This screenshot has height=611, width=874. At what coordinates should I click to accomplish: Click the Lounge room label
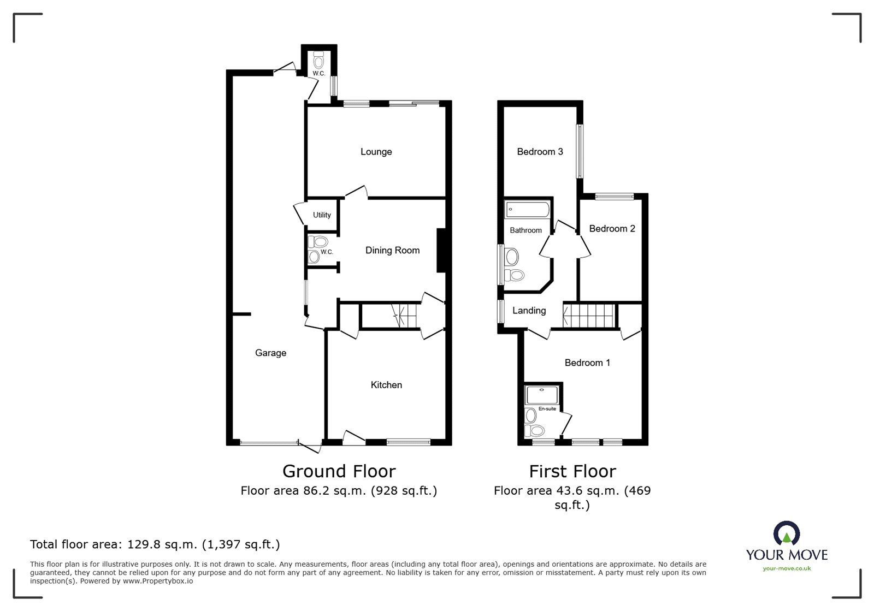(x=376, y=152)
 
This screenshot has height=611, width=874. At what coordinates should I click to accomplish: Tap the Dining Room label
(x=392, y=251)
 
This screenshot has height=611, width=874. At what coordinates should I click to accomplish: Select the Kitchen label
(x=386, y=385)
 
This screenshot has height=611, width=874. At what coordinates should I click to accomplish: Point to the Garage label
(x=270, y=353)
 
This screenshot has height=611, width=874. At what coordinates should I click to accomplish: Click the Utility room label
(x=322, y=215)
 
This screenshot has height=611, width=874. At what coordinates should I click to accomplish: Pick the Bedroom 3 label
(x=540, y=152)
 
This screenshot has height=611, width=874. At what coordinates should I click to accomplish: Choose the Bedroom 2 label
(x=612, y=229)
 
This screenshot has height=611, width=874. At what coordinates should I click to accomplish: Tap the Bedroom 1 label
(x=587, y=363)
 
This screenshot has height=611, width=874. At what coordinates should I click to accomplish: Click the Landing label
(x=529, y=311)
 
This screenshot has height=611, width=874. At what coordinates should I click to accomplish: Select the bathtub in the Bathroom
(x=528, y=209)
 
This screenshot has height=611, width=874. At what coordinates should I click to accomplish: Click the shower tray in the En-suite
(x=540, y=395)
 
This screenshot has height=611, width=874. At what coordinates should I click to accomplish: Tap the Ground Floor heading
(x=339, y=471)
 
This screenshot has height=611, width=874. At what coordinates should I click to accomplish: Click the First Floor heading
(x=572, y=471)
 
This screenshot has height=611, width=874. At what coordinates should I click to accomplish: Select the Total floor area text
(x=155, y=544)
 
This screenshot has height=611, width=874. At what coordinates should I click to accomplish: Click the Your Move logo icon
(x=787, y=533)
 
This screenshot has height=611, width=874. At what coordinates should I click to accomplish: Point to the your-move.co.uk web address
(x=787, y=568)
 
